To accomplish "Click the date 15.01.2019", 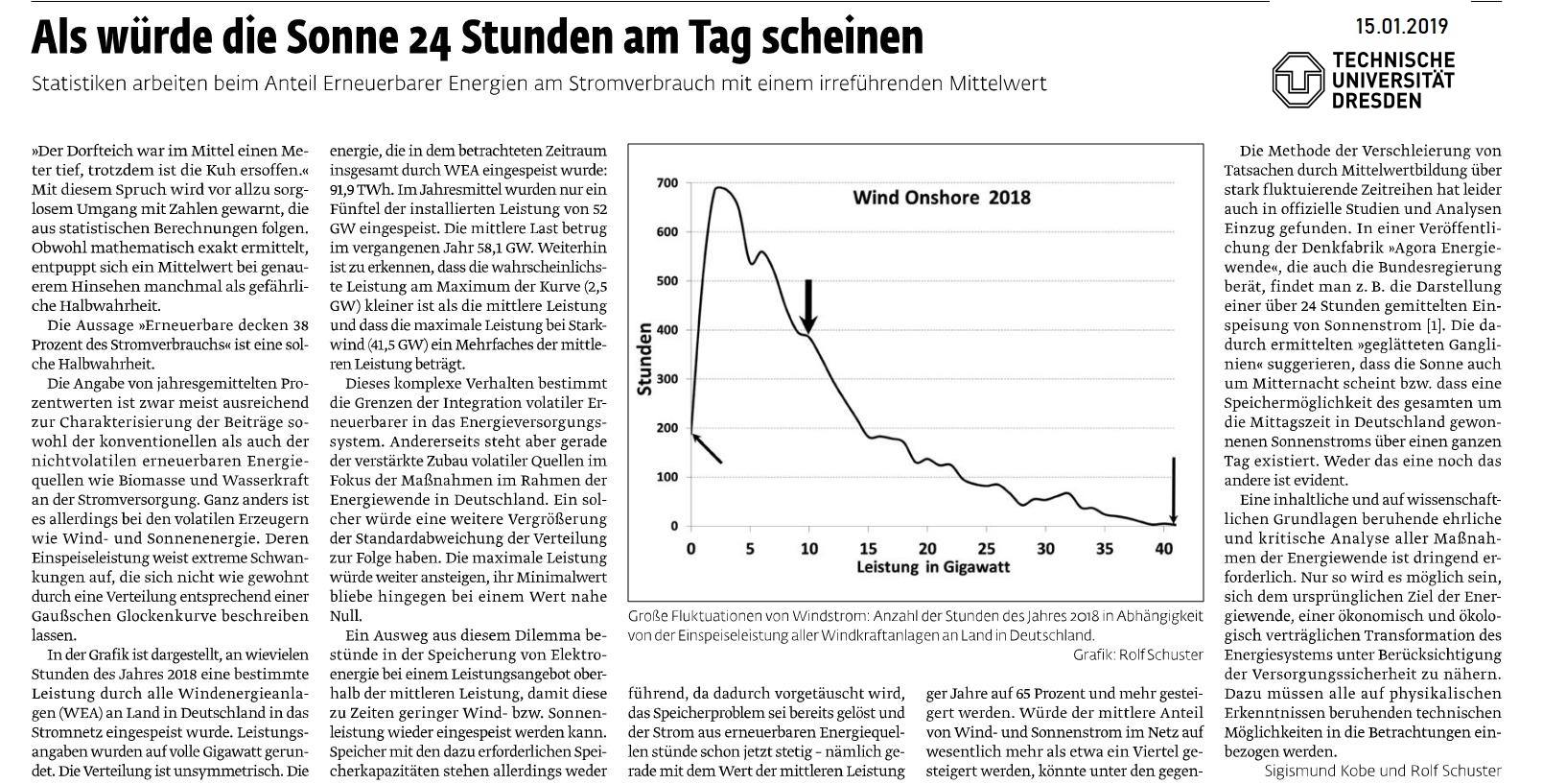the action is point(1402,27).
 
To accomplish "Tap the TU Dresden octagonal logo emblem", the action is point(1298,80).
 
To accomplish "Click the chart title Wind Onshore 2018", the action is point(941,198).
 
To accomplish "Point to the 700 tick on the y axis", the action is point(667,183).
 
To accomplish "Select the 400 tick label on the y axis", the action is point(667,330).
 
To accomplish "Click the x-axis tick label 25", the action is point(986,549).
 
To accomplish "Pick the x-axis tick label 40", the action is point(1163,549).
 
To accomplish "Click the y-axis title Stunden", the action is point(644,359).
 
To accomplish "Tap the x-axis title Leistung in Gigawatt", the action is point(933,567).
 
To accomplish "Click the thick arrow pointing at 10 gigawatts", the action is point(808,306).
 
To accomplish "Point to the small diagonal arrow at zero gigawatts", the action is point(706,447).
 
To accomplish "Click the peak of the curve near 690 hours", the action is point(718,187).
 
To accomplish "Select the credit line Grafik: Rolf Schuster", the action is point(1138,655).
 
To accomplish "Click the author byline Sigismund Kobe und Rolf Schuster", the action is point(1383,771).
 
